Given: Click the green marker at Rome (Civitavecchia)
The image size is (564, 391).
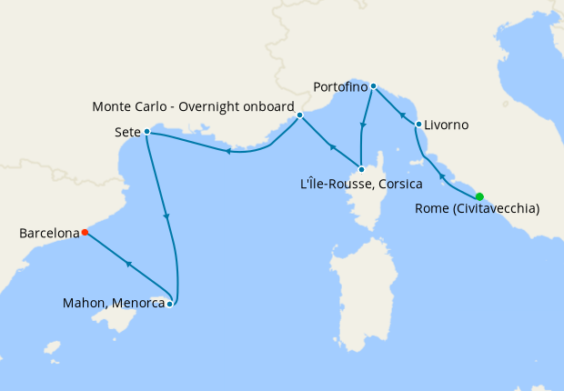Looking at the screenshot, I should pyautogui.click(x=479, y=196).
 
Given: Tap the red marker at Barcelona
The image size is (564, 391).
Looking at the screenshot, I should pyautogui.click(x=85, y=232).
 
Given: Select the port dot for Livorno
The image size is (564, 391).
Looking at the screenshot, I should pyautogui.click(x=418, y=124).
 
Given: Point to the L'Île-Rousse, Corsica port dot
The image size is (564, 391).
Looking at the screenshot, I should pyautogui.click(x=361, y=169).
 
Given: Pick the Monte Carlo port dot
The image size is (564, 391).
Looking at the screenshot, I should pyautogui.click(x=299, y=115).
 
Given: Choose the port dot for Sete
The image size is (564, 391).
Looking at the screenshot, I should pyautogui.click(x=146, y=132).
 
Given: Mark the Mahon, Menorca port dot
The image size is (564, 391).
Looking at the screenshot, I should pyautogui.click(x=170, y=303).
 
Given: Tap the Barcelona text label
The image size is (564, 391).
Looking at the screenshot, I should pyautogui.click(x=48, y=234).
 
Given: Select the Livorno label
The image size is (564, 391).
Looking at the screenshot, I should pyautogui.click(x=447, y=125).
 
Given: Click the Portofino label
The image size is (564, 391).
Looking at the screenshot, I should pyautogui.click(x=339, y=87).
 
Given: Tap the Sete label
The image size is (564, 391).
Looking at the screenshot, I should pyautogui.click(x=127, y=132).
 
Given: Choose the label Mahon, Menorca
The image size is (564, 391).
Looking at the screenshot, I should pyautogui.click(x=113, y=304).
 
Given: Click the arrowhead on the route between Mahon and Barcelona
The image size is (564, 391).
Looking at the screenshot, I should pyautogui.click(x=129, y=264).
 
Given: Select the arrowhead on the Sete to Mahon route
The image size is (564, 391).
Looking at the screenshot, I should pyautogui.click(x=166, y=217).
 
